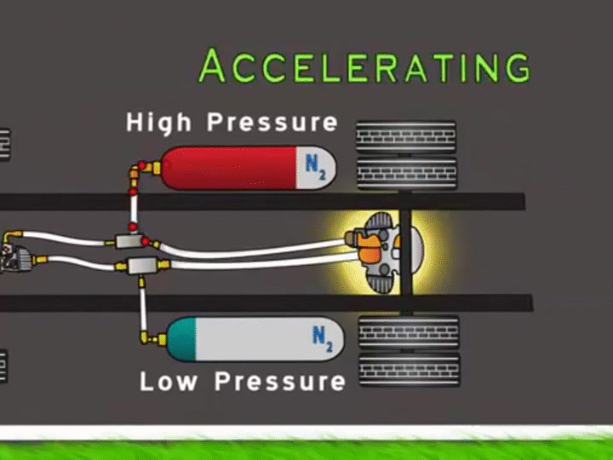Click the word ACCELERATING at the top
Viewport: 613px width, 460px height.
click(x=364, y=66)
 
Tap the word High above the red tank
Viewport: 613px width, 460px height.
click(x=158, y=122)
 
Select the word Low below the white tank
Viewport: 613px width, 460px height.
click(x=169, y=381)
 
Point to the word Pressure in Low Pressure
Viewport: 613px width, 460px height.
click(x=280, y=381)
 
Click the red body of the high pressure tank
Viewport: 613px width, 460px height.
click(x=230, y=167)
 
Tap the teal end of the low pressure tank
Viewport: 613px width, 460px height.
click(x=182, y=337)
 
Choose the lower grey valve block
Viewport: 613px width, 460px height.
click(x=140, y=264)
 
